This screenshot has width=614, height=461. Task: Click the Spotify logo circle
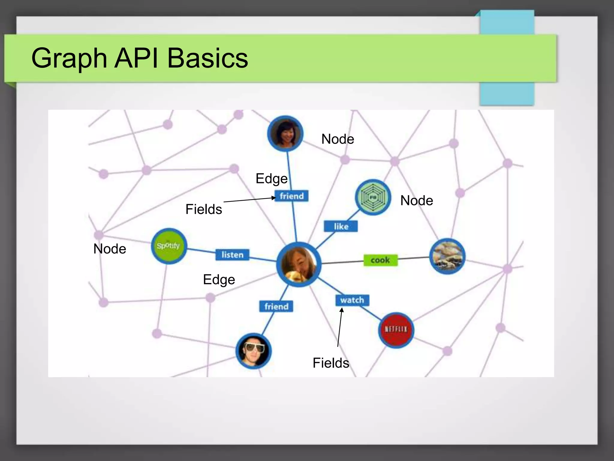tap(169, 246)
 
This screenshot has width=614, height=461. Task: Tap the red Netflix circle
tap(396, 330)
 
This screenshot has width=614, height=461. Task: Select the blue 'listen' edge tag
tap(232, 255)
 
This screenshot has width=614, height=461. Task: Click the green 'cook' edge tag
tap(380, 260)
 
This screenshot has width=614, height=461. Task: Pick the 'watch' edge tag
tap(352, 300)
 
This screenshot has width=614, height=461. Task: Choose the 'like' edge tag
tap(341, 226)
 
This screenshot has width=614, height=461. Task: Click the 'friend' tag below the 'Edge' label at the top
tap(291, 196)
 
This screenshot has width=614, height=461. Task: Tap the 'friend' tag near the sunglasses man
tap(276, 306)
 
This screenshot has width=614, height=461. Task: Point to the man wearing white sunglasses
tap(254, 351)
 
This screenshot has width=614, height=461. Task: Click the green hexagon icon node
tap(373, 197)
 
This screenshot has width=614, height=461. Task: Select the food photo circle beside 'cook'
tap(447, 256)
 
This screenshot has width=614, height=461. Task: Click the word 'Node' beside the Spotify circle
tap(110, 249)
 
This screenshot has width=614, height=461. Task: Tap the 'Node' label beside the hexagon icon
tap(416, 200)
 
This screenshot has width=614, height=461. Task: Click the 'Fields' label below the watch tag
tap(331, 363)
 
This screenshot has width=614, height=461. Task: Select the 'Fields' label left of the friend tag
tap(204, 209)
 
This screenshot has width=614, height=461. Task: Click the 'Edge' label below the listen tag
tap(219, 280)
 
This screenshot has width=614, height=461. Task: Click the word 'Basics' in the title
tap(207, 58)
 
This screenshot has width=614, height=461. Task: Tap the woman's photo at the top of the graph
tap(285, 133)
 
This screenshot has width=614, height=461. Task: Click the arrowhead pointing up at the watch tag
tap(341, 310)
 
